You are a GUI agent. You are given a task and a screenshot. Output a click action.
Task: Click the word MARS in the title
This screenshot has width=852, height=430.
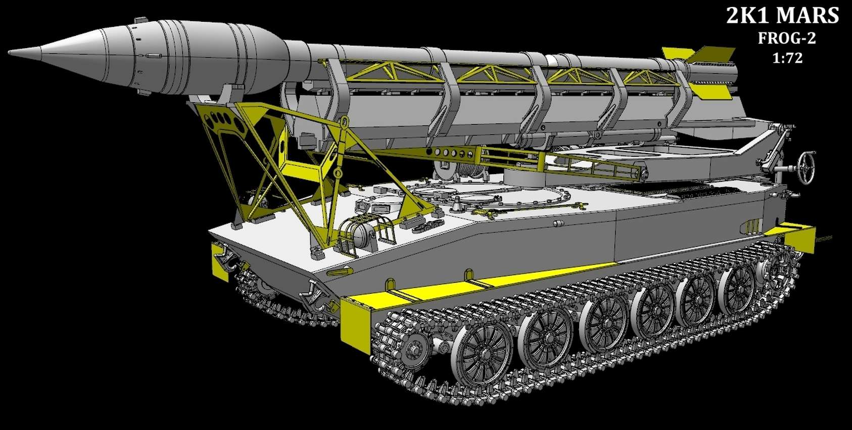pyautogui.click(x=807, y=16)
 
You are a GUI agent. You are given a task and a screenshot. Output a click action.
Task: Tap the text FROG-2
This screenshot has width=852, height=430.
pyautogui.click(x=787, y=38)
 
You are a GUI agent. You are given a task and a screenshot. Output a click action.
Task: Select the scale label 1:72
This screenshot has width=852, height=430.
pyautogui.click(x=787, y=58)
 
